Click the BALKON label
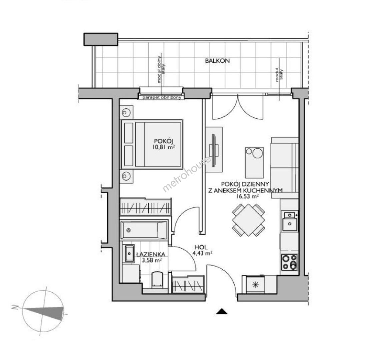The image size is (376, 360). click(x=217, y=61)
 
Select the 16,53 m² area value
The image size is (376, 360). click(x=247, y=196)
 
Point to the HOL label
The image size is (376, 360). click(x=201, y=247)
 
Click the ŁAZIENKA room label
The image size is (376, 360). click(x=151, y=254)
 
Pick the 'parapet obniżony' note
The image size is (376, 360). click(x=162, y=98)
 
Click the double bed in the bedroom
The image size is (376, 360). click(x=152, y=144)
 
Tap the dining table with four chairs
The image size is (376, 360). click(x=248, y=220)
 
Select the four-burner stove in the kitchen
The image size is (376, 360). click(x=290, y=262)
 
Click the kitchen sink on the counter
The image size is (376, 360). click(x=290, y=221)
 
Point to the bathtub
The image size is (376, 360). click(x=144, y=230)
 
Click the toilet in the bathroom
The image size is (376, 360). click(x=157, y=279)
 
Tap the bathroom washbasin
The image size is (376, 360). click(x=129, y=254)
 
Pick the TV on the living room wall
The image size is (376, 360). click(x=213, y=150)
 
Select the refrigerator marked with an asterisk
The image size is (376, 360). click(x=255, y=285)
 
